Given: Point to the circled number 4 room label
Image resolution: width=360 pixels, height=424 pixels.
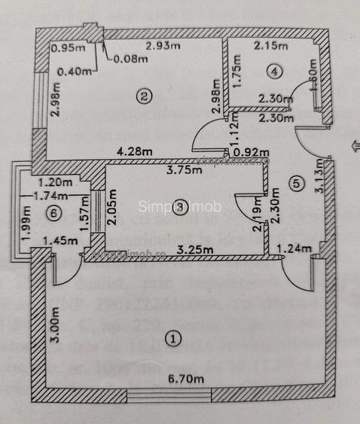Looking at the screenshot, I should coord(275,72).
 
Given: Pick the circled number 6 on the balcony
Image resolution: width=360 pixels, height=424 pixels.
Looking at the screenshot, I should coord(50,213).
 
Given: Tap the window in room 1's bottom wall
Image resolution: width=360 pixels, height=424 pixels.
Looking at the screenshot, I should coord(169,395).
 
